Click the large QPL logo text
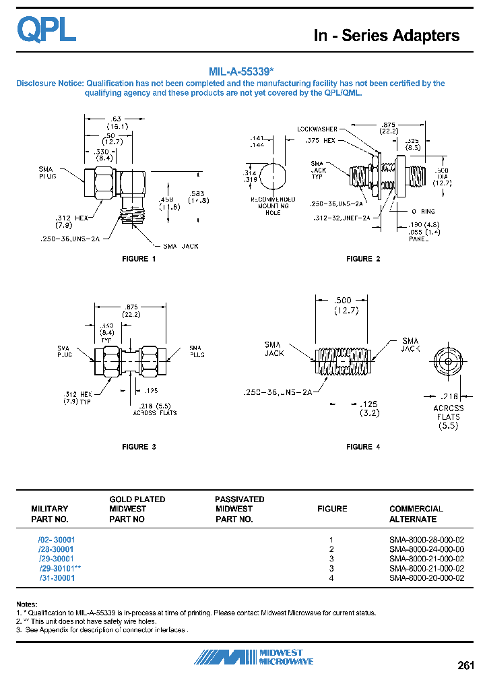[x=46, y=30]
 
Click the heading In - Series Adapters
[x=387, y=36]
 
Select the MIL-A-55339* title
[x=240, y=71]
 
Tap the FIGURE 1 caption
[x=138, y=259]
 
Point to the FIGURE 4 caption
[x=363, y=447]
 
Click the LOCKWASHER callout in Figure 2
[x=317, y=129]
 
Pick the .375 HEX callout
[x=319, y=141]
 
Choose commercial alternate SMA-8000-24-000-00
[x=426, y=549]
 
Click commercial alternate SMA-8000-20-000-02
[x=426, y=578]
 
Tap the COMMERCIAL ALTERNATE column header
[x=416, y=514]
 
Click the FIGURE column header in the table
[x=332, y=509]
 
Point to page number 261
[x=466, y=666]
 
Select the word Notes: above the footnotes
[x=27, y=604]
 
